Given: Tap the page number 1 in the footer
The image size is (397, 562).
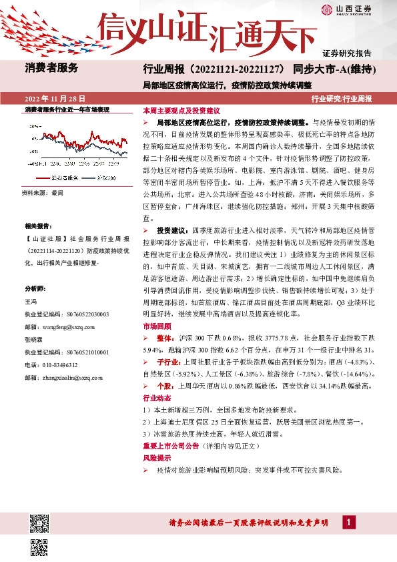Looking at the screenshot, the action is [348, 522].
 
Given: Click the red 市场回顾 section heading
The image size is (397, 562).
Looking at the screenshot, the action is [157, 326].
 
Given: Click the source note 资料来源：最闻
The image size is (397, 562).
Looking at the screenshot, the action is [43, 192].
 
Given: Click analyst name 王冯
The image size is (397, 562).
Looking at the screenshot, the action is [30, 302].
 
